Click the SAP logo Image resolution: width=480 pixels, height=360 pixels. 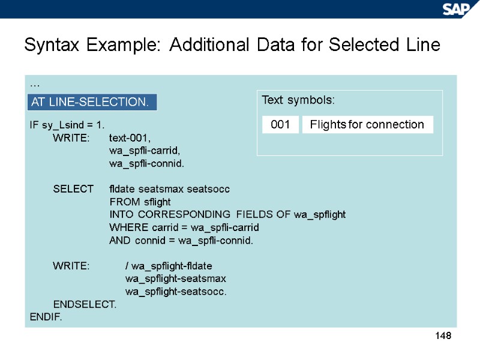click(458, 9)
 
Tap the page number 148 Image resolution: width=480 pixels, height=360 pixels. click(443, 336)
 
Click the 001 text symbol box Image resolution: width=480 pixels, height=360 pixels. click(280, 125)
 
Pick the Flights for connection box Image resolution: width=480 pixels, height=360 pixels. click(367, 125)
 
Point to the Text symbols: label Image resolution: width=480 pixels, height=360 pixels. click(298, 100)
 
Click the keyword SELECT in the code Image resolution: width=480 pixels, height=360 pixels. click(73, 189)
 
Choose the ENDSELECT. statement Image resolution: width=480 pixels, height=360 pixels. click(85, 304)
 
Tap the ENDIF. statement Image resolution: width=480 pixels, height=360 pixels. click(46, 316)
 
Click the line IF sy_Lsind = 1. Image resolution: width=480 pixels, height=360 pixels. click(67, 125)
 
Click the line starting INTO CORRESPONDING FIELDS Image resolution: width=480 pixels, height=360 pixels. click(227, 214)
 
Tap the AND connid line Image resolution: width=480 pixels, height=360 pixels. click(181, 241)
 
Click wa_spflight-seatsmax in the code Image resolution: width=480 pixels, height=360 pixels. click(175, 278)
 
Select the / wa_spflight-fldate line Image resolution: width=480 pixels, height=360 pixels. click(169, 266)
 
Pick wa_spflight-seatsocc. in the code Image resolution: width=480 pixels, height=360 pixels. click(176, 292)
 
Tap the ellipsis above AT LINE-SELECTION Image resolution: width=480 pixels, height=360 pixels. click(34, 85)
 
